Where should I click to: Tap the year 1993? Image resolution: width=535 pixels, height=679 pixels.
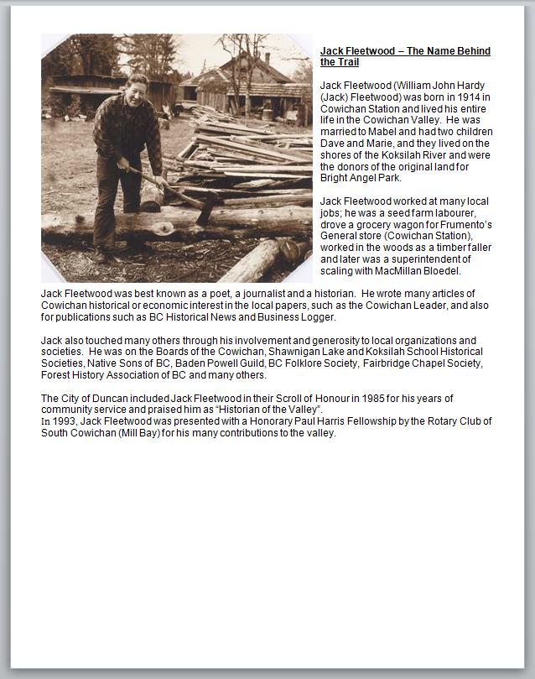point(64,421)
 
